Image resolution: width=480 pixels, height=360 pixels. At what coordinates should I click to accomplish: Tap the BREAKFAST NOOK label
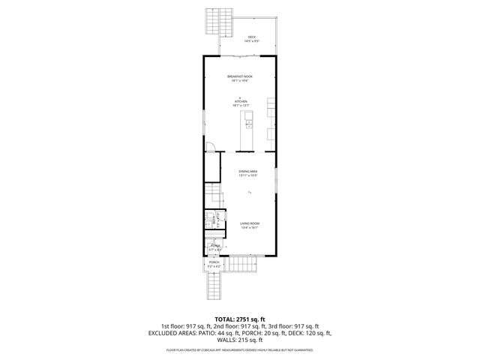point(239,76)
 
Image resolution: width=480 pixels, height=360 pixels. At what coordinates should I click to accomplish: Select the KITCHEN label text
point(239,102)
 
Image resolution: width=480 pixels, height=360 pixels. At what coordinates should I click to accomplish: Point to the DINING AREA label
point(248,172)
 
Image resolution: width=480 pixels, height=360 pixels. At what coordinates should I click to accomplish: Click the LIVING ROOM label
point(249,224)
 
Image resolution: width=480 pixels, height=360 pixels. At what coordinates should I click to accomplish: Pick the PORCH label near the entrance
point(214,262)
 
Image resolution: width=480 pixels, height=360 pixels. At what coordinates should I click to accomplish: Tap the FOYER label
point(215,245)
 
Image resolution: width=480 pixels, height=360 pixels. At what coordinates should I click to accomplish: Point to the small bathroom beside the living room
point(211,219)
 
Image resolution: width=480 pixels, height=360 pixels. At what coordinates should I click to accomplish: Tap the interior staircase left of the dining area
point(213,196)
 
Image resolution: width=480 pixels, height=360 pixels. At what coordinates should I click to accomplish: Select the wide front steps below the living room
point(243,265)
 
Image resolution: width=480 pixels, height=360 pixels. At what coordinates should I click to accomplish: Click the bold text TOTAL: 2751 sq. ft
point(239,319)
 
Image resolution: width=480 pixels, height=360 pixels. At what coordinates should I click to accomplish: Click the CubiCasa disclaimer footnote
point(239,349)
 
